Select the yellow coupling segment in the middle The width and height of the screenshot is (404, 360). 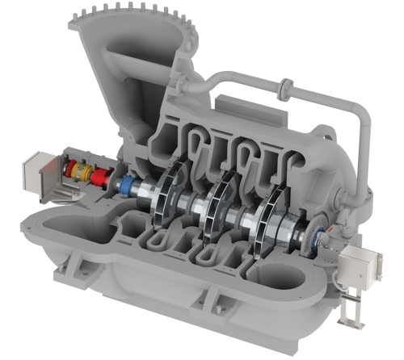pyautogui.click(x=78, y=170)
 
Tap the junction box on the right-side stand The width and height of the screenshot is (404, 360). pyautogui.click(x=354, y=264)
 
